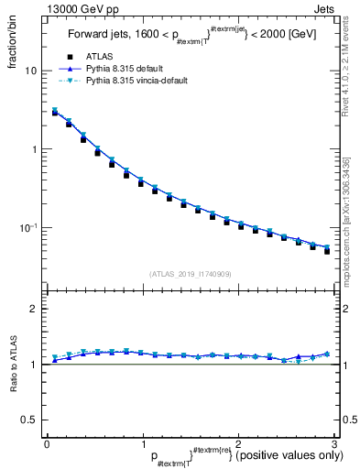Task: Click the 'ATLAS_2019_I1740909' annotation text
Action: (189, 273)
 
